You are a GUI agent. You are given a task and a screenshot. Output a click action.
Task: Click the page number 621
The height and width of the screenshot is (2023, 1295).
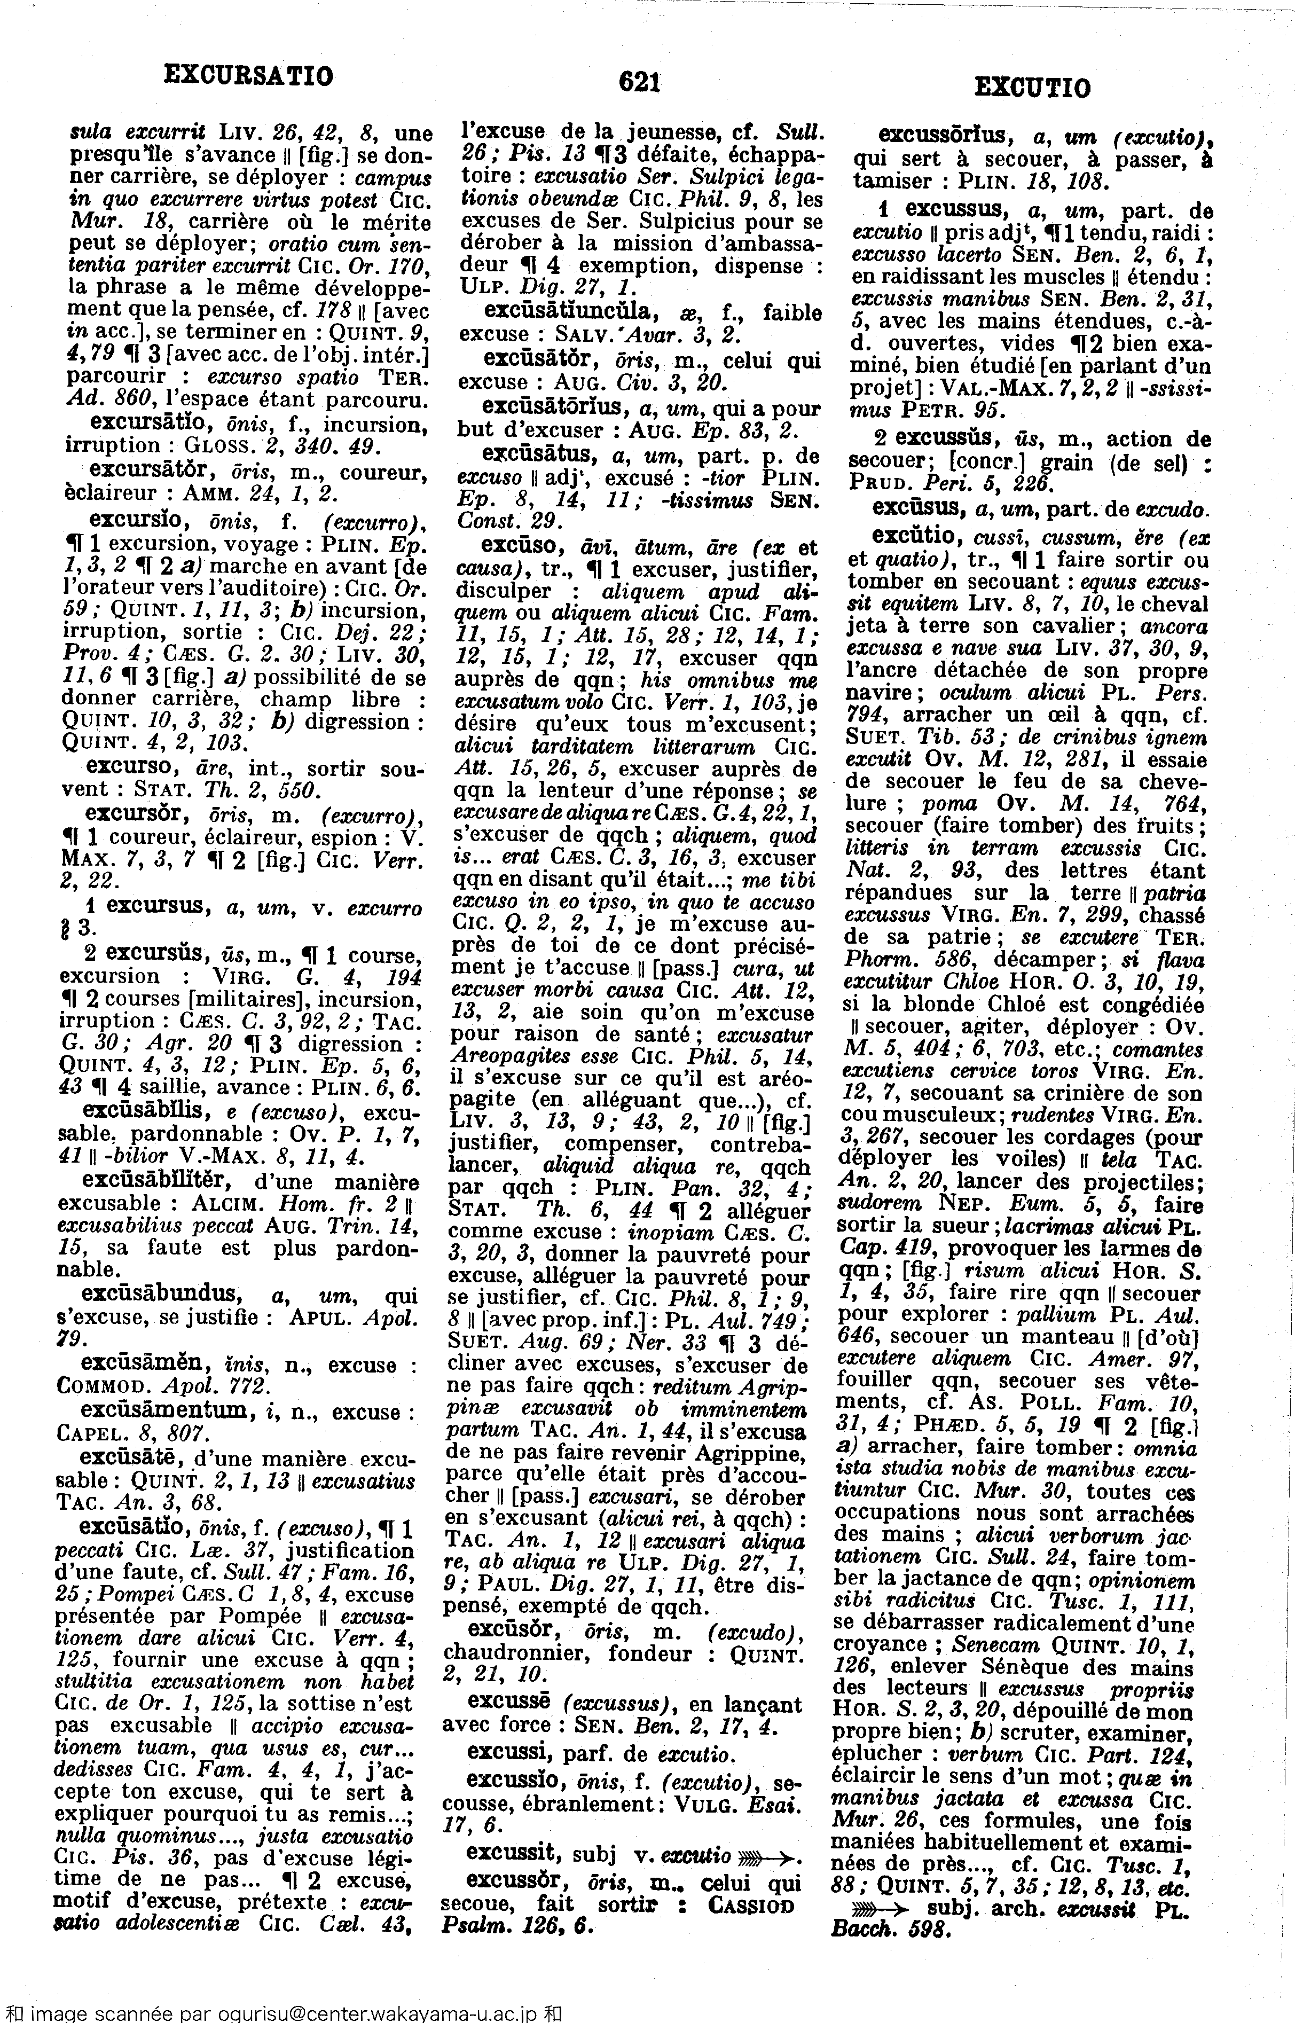[x=639, y=82]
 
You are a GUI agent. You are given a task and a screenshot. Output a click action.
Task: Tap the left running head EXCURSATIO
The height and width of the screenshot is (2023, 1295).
[x=248, y=76]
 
